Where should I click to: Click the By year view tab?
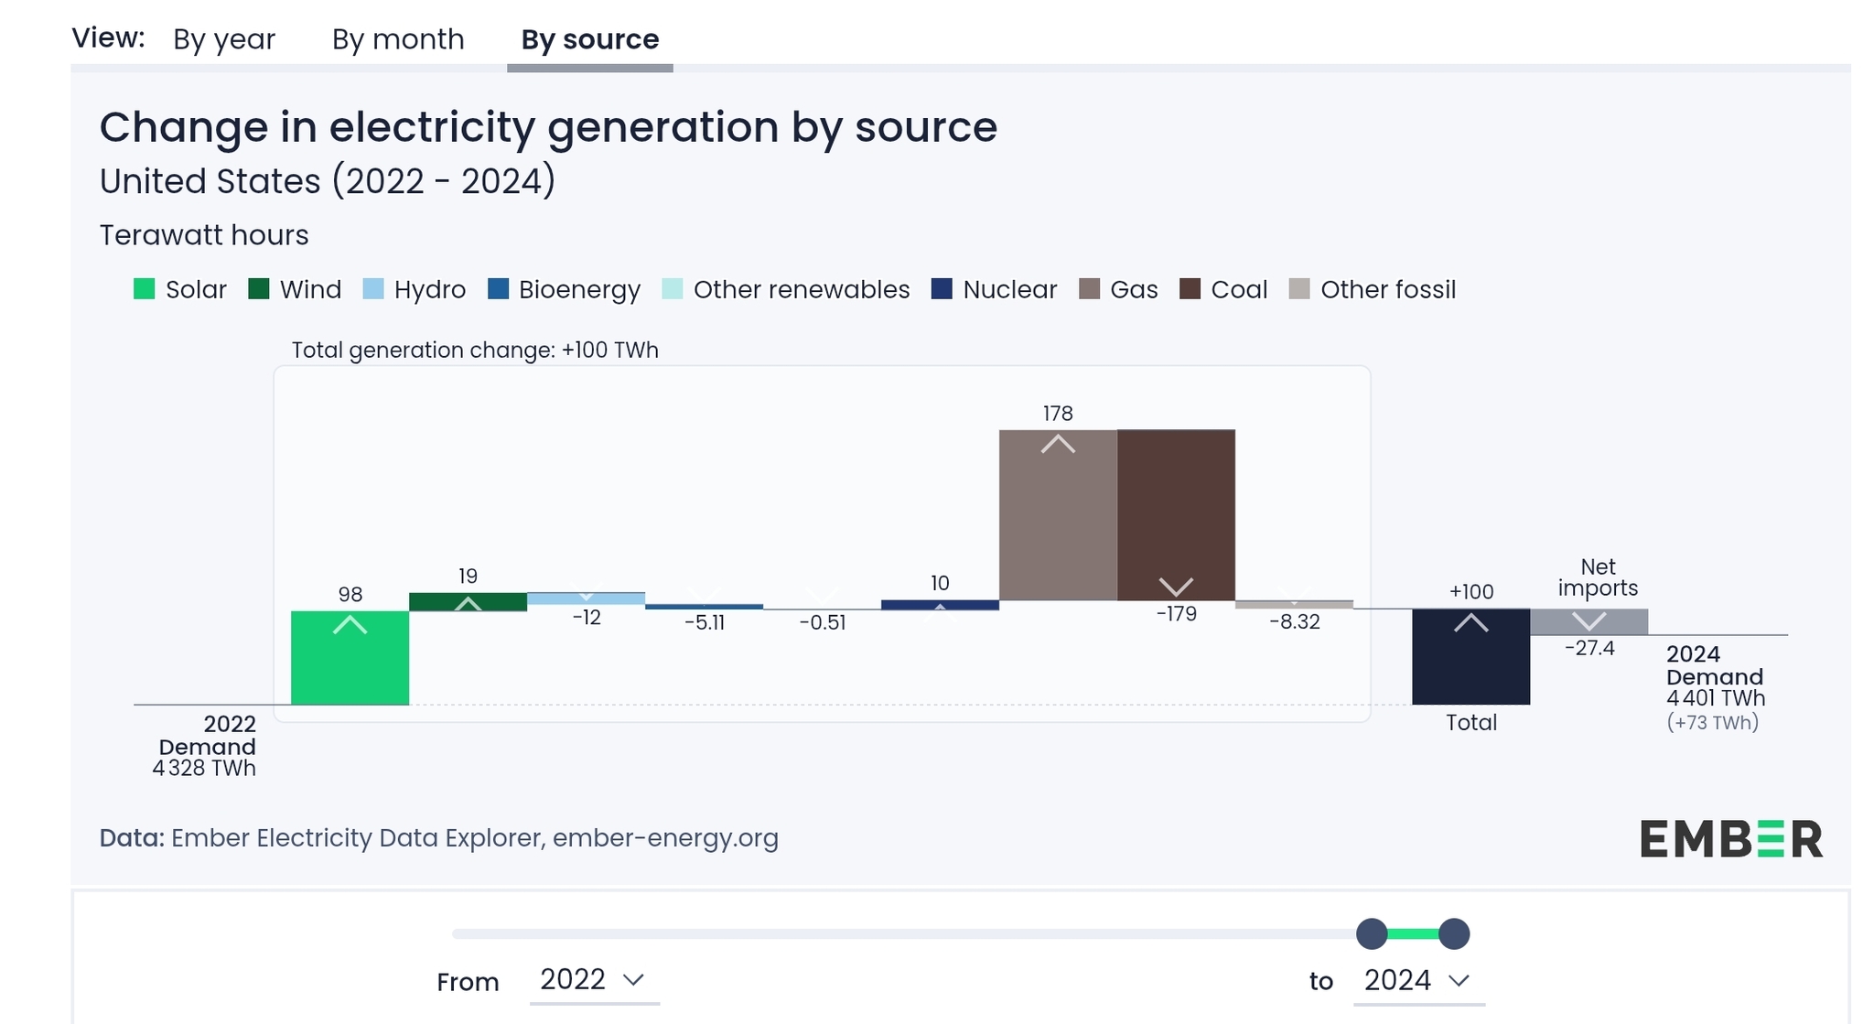coord(224,39)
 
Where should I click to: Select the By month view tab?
coord(398,39)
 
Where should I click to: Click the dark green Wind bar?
coord(468,602)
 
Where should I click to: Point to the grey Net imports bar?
coord(1589,622)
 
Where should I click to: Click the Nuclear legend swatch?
coord(942,289)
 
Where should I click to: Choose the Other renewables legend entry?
coord(801,289)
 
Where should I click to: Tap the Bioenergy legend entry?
coord(578,289)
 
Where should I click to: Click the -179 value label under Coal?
coord(1176,614)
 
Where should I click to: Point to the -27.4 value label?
coord(1589,649)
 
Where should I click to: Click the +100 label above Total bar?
coord(1471,592)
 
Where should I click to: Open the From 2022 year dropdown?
coord(593,980)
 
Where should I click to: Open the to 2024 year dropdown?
coord(1417,980)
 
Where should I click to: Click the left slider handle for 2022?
coord(1372,933)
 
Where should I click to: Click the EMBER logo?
coord(1730,838)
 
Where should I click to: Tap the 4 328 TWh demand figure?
coord(204,769)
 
